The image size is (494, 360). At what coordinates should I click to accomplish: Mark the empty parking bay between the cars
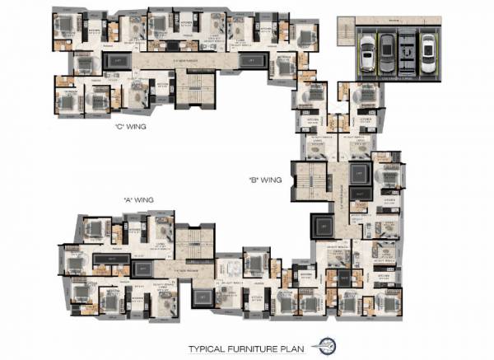[x=406, y=54]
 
